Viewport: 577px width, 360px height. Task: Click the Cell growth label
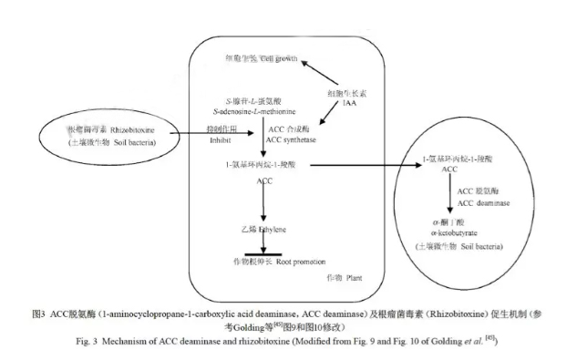280,57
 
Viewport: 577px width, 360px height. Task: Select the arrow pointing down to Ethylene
263,206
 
